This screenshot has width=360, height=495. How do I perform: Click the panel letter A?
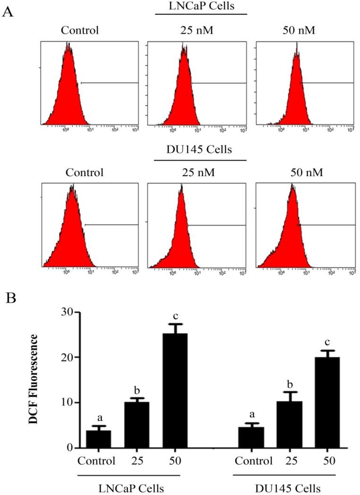point(8,11)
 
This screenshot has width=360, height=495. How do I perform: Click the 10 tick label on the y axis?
point(63,402)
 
